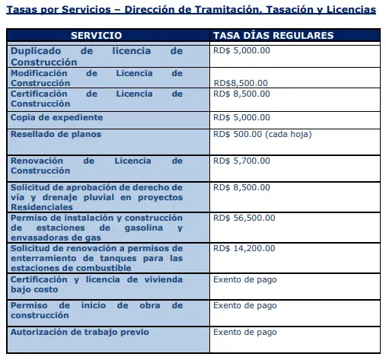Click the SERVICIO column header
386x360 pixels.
tap(107, 36)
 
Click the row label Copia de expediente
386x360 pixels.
tap(56, 117)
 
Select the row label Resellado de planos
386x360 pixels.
tap(56, 134)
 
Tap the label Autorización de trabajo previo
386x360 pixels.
tap(79, 331)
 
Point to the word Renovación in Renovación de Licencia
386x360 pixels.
tap(39, 161)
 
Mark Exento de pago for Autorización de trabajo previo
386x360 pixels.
tap(244, 331)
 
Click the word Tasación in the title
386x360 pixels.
tap(262, 9)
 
